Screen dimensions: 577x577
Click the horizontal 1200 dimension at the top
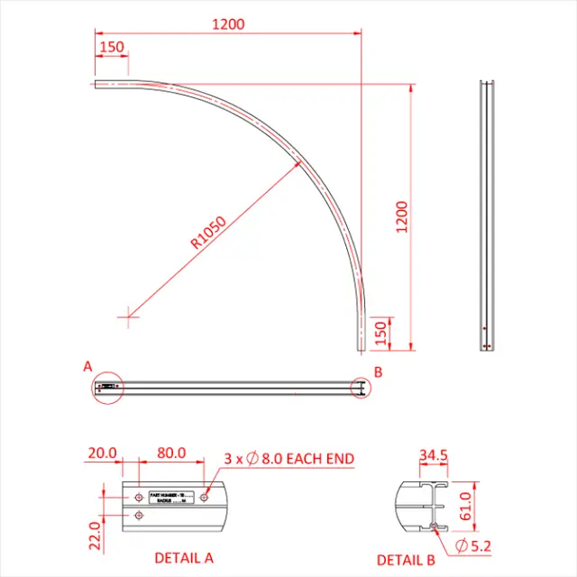(x=229, y=24)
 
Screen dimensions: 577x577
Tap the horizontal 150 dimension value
(x=113, y=47)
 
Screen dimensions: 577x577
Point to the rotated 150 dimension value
(x=380, y=332)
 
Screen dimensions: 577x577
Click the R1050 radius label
(x=209, y=232)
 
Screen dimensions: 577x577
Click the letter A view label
(x=87, y=367)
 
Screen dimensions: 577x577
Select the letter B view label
(x=379, y=371)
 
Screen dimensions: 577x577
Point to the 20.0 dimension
(x=101, y=453)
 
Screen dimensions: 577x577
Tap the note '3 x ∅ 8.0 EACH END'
(x=288, y=459)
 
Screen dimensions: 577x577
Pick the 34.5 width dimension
(x=433, y=455)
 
